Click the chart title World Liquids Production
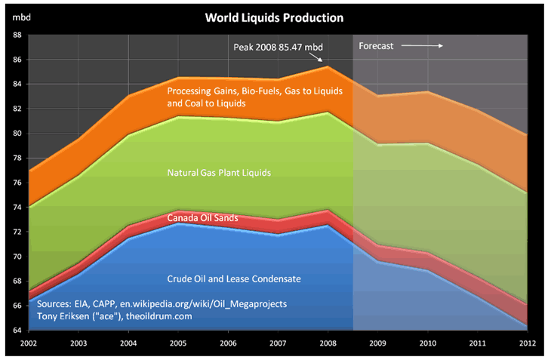point(274,17)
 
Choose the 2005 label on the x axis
point(177,343)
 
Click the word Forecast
point(376,46)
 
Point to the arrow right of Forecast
point(421,46)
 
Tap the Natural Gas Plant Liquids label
point(218,173)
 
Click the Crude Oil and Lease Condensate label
point(233,279)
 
